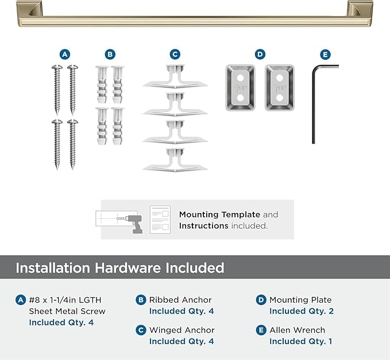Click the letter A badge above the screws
tap(65, 55)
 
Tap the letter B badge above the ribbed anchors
tap(110, 55)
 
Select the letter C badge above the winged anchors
tap(175, 55)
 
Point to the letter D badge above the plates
tap(260, 55)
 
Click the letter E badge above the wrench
tap(326, 55)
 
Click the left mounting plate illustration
tap(240, 88)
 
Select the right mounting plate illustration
tap(280, 88)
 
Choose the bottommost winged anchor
tap(175, 159)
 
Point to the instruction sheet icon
tap(160, 219)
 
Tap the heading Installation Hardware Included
tap(119, 268)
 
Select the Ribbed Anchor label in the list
tap(180, 300)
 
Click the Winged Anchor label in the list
tap(182, 330)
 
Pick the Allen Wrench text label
tap(297, 330)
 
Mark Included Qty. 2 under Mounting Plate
tap(302, 311)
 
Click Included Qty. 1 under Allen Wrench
tap(300, 341)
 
